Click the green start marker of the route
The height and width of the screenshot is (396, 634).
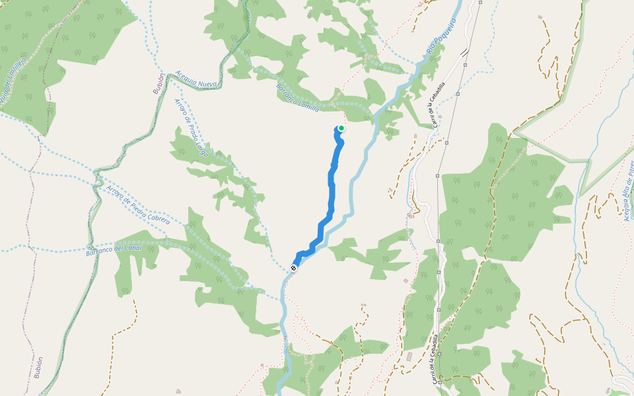(x=341, y=128)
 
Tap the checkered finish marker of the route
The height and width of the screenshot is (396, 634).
(x=293, y=268)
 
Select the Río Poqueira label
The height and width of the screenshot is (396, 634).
(x=441, y=36)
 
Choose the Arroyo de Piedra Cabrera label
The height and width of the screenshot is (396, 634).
(x=137, y=205)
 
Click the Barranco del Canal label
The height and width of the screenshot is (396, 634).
(x=115, y=249)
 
